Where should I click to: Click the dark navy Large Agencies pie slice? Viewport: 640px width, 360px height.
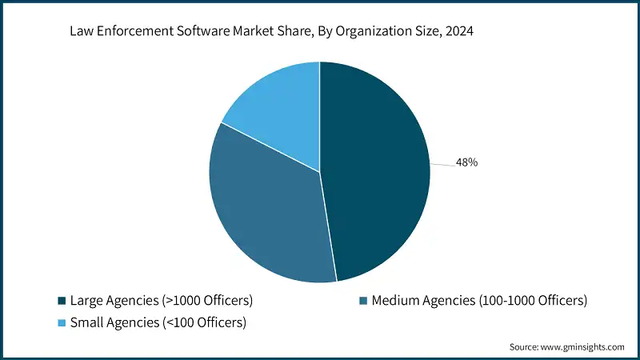pyautogui.click(x=376, y=168)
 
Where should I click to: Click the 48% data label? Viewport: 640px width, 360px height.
pyautogui.click(x=466, y=162)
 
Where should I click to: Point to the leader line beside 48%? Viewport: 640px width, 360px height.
pyautogui.click(x=442, y=164)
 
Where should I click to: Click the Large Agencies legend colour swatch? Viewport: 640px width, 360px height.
pyautogui.click(x=62, y=301)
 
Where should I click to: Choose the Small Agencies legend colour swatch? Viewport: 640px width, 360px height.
pyautogui.click(x=62, y=323)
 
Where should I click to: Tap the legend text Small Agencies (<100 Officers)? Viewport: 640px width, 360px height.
pyautogui.click(x=158, y=323)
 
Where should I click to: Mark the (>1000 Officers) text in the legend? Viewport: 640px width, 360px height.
pyautogui.click(x=206, y=301)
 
